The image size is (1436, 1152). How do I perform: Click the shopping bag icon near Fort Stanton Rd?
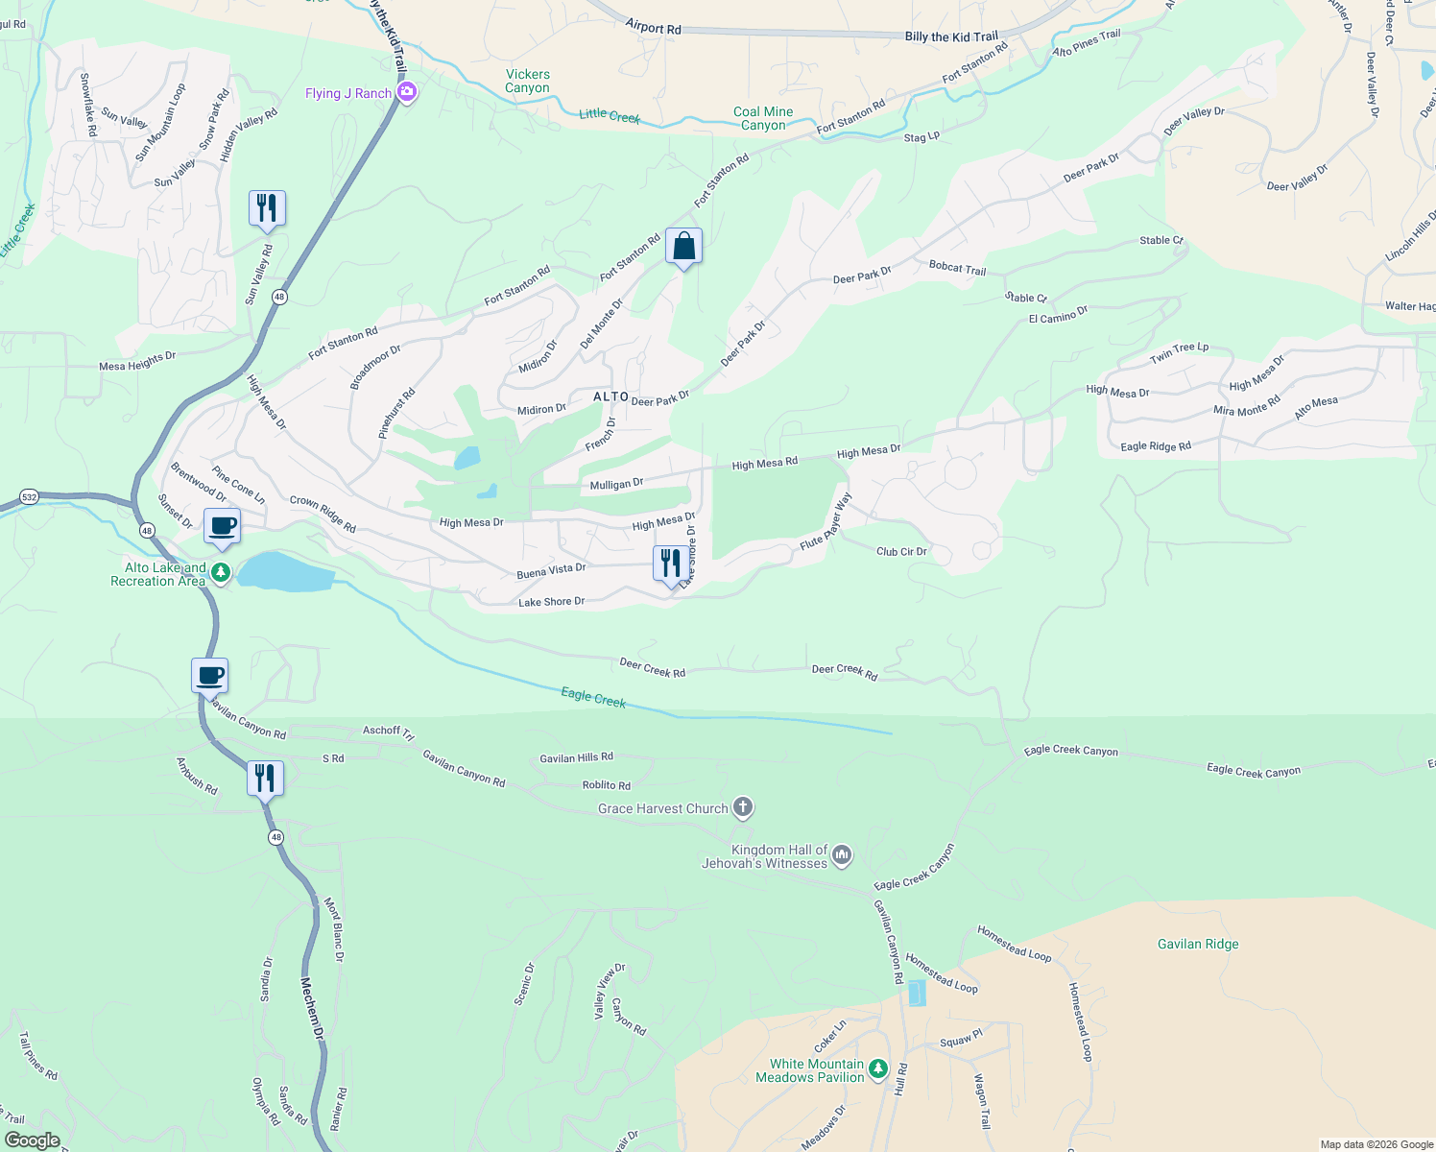[x=683, y=247]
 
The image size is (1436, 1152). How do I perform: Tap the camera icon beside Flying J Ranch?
[x=407, y=92]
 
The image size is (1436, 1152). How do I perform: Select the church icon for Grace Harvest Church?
[x=743, y=807]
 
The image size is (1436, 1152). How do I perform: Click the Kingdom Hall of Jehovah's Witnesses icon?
[x=842, y=854]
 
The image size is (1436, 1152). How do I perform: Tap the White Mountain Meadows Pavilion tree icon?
[x=877, y=1068]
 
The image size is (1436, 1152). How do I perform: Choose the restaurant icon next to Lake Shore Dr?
[x=670, y=564]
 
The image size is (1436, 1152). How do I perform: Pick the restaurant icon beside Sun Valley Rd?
[x=267, y=208]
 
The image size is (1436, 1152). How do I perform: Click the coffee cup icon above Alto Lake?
[x=222, y=527]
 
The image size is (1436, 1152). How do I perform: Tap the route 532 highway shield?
[x=29, y=497]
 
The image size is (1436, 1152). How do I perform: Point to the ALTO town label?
[x=610, y=396]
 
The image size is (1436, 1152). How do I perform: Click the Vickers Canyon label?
[x=527, y=81]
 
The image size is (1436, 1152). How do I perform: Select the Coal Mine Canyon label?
[x=763, y=118]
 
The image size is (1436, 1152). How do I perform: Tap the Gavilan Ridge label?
[x=1198, y=944]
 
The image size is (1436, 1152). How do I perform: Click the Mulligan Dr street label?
[x=616, y=484]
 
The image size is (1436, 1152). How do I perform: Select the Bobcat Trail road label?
[x=957, y=268]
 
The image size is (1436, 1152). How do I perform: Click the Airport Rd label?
[x=653, y=28]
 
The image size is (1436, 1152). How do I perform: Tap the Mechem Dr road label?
[x=313, y=1007]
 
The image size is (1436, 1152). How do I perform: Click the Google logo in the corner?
[x=33, y=1140]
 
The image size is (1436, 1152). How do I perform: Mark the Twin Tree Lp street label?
[x=1180, y=352]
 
